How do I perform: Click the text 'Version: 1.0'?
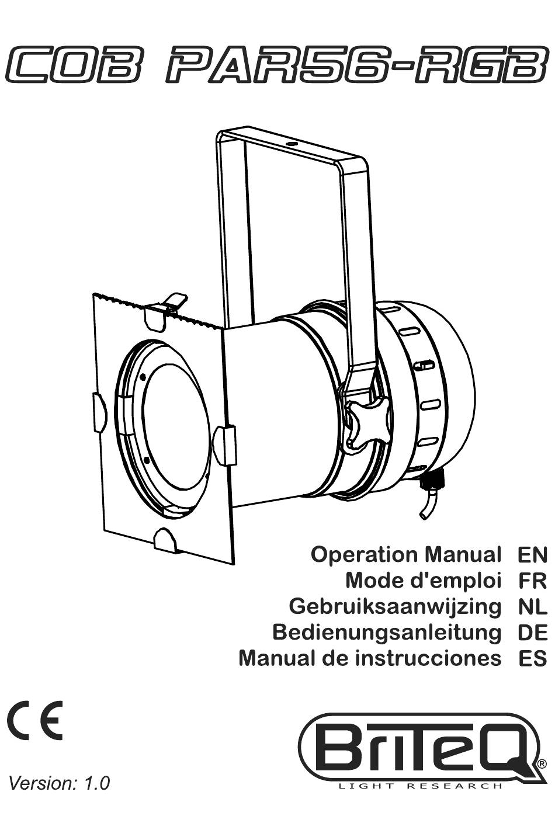pos(59,781)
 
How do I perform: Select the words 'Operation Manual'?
pos(405,555)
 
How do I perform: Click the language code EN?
pos(532,555)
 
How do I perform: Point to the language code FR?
pos(533,581)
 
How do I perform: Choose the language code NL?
pos(533,607)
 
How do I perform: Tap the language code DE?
pos(532,633)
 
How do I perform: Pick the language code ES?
pos(532,659)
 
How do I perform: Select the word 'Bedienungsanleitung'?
pos(387,634)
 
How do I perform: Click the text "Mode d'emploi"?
pos(423,582)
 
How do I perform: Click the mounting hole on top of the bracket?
pos(291,144)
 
